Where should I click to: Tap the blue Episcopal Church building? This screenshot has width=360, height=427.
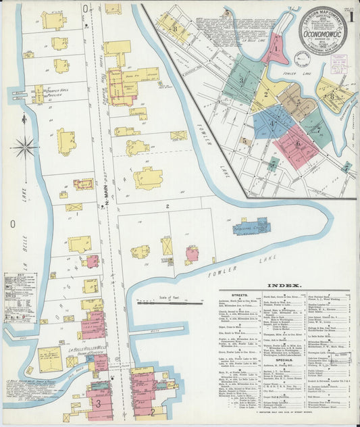click(252, 226)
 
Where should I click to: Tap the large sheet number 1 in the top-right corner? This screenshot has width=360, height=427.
click(352, 17)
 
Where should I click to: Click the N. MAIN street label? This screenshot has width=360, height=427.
click(106, 196)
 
